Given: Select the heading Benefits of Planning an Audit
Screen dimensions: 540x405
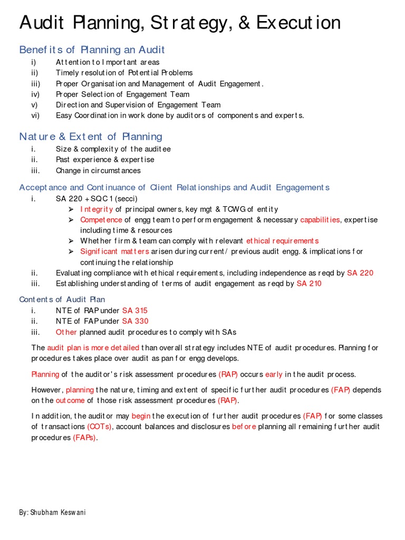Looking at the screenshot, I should [x=92, y=50].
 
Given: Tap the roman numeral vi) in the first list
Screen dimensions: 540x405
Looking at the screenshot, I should [x=35, y=115].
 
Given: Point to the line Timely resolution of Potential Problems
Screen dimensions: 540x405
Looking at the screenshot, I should [x=124, y=73].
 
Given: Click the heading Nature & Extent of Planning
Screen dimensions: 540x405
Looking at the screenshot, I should [x=91, y=137].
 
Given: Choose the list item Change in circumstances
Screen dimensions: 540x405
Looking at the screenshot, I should [x=98, y=170].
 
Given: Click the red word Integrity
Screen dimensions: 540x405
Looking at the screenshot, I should [x=97, y=209].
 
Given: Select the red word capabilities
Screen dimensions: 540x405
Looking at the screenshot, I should [x=320, y=220].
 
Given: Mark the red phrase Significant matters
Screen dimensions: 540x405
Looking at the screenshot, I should [x=114, y=252].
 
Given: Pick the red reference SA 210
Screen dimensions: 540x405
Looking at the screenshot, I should [x=308, y=284].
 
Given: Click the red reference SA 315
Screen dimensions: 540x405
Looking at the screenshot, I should [x=135, y=311].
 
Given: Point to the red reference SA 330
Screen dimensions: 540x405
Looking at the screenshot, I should [x=135, y=321].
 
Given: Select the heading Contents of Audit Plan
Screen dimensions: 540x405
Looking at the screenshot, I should [x=62, y=300].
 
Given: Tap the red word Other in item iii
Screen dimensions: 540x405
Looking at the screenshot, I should [x=66, y=332].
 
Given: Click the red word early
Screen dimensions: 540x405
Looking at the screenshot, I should [x=274, y=374].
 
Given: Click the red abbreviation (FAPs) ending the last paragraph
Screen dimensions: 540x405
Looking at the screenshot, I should [x=85, y=438].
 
